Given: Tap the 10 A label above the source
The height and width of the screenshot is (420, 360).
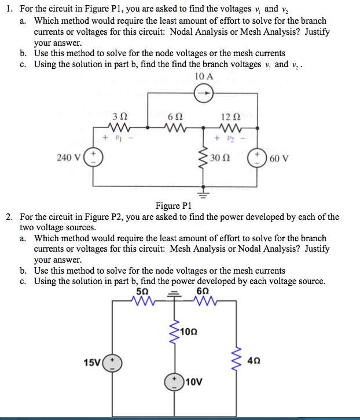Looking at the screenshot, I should click(204, 76).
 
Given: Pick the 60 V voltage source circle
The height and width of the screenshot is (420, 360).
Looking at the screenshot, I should click(256, 157).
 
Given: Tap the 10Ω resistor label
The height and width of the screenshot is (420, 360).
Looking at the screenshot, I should click(189, 331).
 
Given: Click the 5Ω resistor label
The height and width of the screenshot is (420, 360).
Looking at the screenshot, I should click(140, 290).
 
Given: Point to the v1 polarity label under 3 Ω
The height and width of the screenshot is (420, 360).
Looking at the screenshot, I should click(118, 139).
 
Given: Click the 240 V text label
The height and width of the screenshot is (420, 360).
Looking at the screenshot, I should click(70, 157).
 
